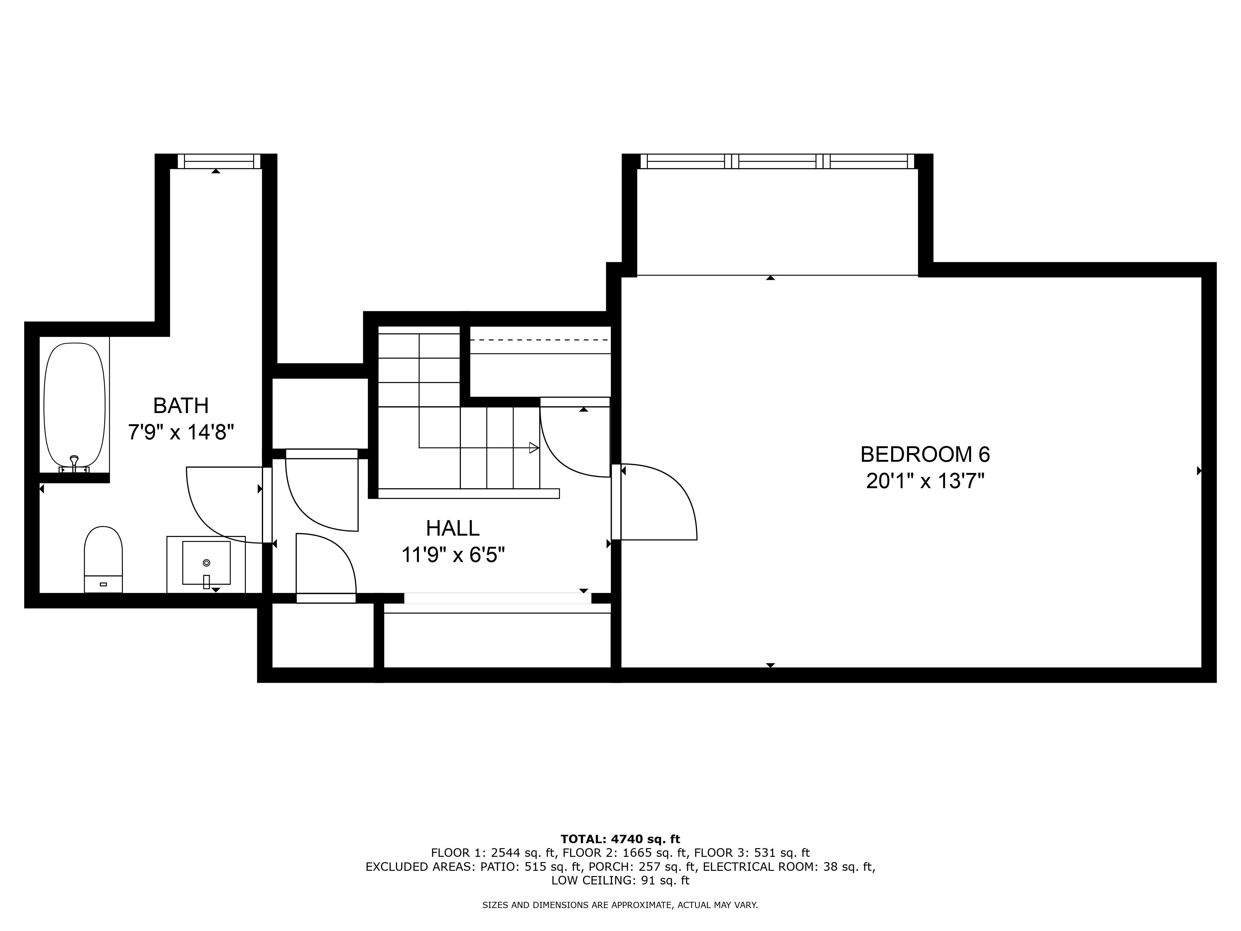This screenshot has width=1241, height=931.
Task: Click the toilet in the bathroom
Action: (103, 560)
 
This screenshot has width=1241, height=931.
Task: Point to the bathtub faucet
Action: (74, 464)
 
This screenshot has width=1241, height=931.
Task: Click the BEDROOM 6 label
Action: (925, 455)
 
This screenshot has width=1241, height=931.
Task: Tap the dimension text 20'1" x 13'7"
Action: (925, 482)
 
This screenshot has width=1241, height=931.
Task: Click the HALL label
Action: (453, 528)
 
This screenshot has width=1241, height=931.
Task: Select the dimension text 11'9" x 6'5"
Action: (453, 555)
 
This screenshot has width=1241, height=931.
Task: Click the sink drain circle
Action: (206, 562)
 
